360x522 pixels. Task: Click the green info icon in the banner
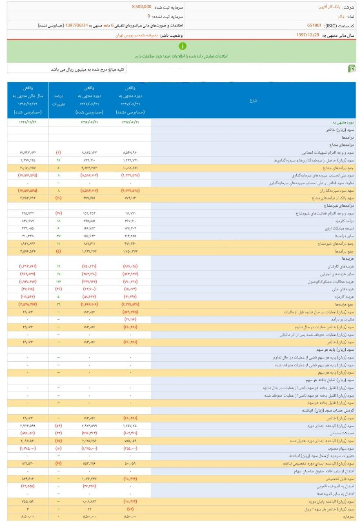(182, 46)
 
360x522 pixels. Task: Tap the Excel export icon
(351, 69)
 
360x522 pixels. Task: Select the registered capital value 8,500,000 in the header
(142, 7)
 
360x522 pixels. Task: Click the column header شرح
(253, 100)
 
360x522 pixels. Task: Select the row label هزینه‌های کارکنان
(338, 266)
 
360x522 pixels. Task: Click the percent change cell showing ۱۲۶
(58, 281)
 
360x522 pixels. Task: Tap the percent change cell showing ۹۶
(58, 161)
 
